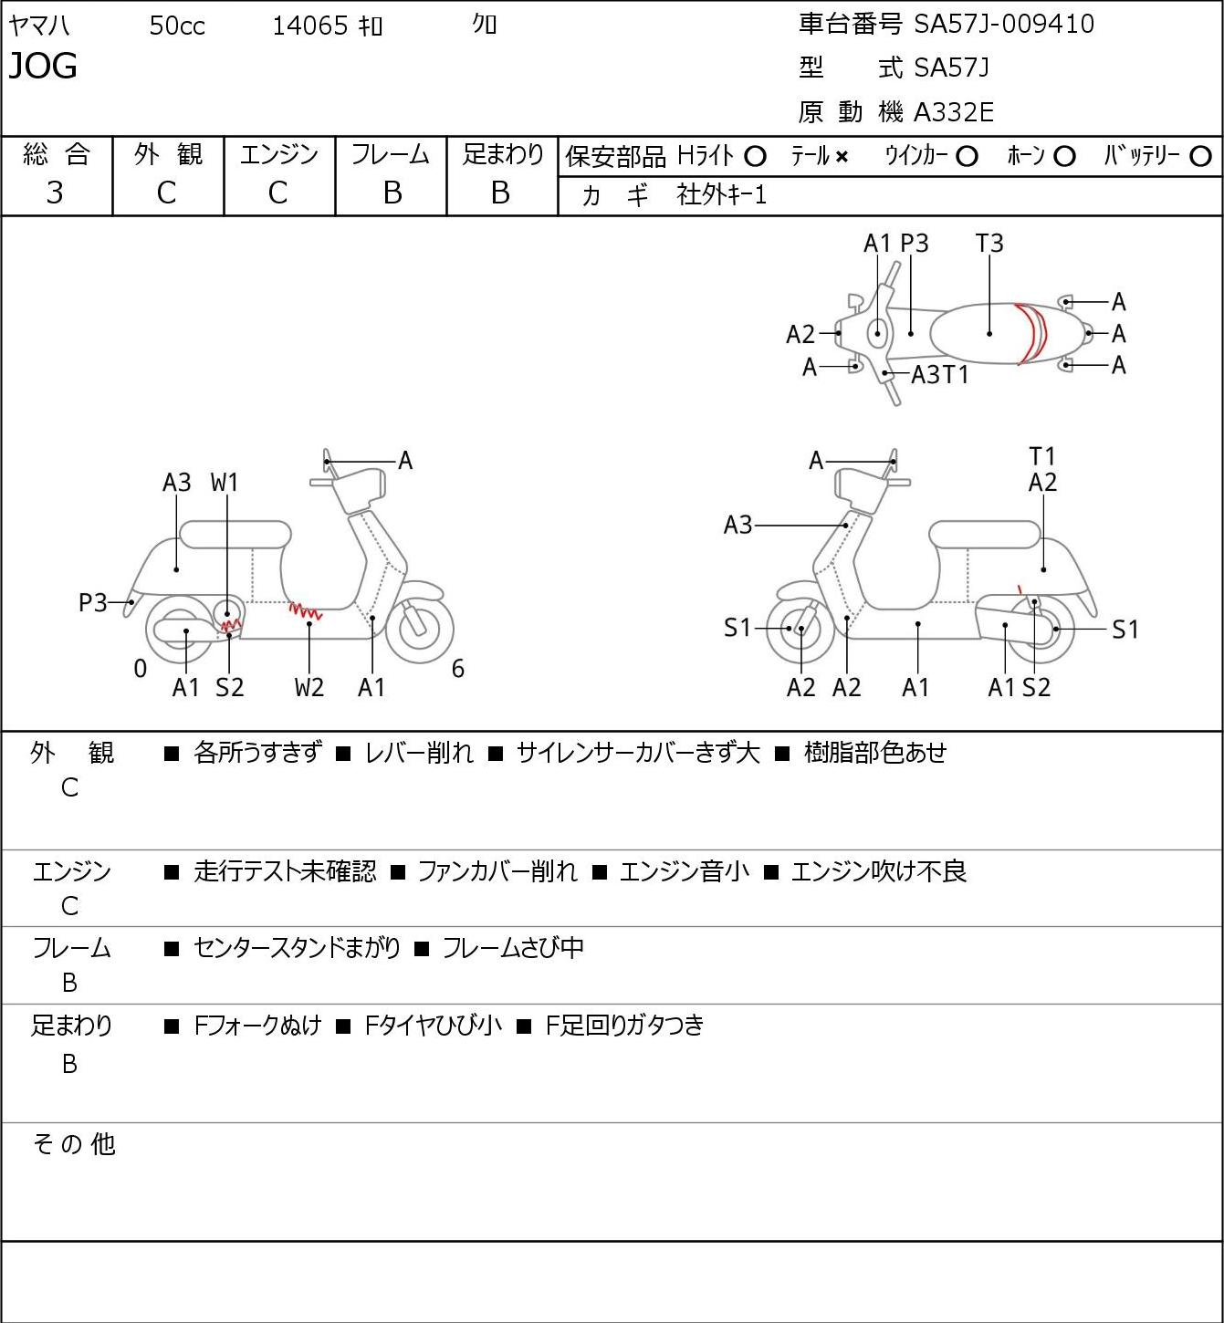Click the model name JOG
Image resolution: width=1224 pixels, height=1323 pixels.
click(43, 66)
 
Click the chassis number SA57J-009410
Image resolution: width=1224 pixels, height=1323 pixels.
click(1003, 24)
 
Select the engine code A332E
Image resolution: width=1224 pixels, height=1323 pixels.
click(953, 112)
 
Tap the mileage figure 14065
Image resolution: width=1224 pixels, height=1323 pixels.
click(310, 26)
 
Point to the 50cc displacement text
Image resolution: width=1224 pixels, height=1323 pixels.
click(177, 26)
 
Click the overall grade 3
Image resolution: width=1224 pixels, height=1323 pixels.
click(55, 193)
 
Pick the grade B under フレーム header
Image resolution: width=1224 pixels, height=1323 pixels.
click(392, 193)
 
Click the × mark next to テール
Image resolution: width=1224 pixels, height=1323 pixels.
click(842, 157)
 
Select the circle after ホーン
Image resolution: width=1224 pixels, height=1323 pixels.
click(1064, 157)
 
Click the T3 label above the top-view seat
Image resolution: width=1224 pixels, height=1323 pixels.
click(989, 243)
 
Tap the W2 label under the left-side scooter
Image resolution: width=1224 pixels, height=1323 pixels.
click(309, 687)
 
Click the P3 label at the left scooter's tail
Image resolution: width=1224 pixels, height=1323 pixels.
click(93, 602)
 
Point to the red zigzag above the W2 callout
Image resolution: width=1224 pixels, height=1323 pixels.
click(306, 611)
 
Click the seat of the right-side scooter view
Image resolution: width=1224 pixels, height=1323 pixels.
click(985, 535)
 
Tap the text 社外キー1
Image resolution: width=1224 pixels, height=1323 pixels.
click(721, 195)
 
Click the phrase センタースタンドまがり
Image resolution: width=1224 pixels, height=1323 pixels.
click(297, 946)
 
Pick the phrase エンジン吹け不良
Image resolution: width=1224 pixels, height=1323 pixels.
click(879, 870)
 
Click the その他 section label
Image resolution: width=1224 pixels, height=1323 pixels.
click(74, 1144)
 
